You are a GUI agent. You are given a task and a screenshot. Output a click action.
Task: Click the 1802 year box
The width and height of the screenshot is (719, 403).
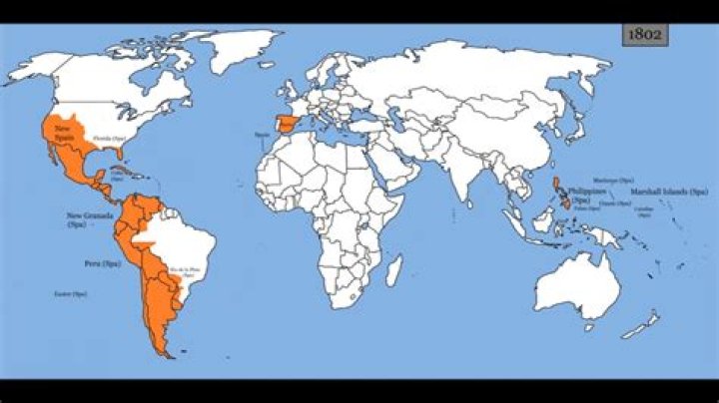pyautogui.click(x=644, y=34)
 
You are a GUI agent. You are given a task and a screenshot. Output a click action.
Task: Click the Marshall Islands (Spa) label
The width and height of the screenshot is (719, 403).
pyautogui.click(x=669, y=191)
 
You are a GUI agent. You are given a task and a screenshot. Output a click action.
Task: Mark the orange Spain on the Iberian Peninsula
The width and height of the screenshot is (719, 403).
pyautogui.click(x=288, y=127)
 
